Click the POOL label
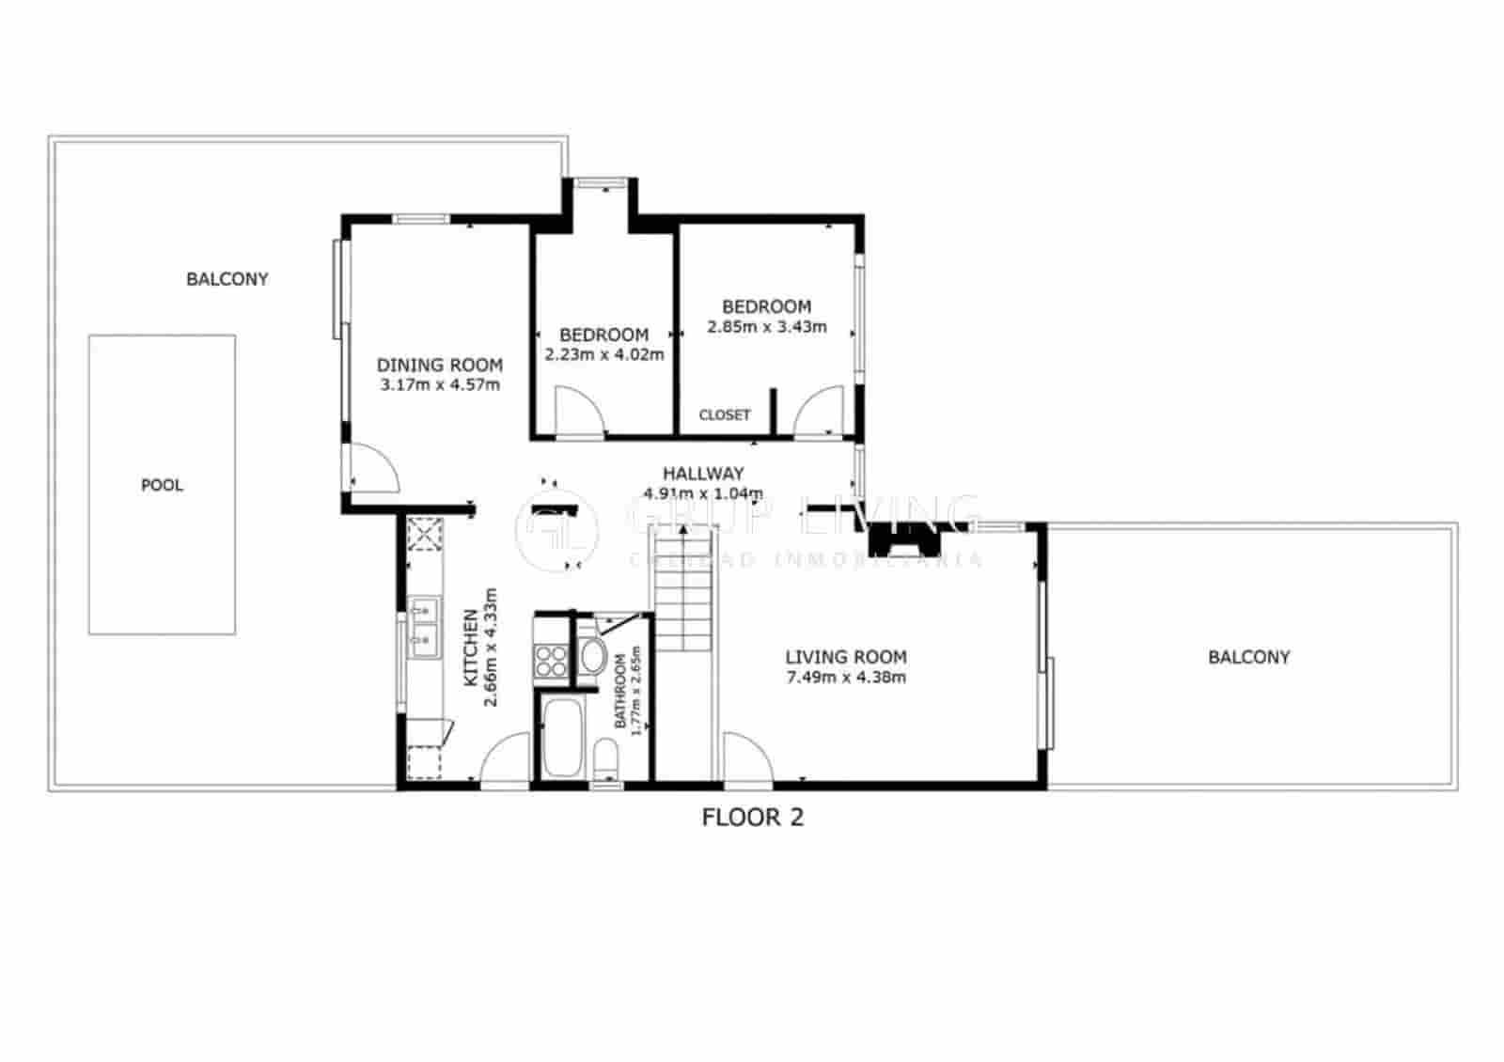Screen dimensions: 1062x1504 (x=162, y=485)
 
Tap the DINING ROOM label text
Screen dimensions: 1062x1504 (x=440, y=365)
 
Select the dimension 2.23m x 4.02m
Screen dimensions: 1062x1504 (x=604, y=354)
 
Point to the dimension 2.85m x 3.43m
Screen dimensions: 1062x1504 (x=767, y=326)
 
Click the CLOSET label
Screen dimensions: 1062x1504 (x=725, y=414)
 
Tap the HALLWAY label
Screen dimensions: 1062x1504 (x=703, y=473)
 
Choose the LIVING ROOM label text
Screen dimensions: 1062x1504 (x=846, y=657)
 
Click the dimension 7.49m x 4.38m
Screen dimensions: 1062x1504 (x=846, y=677)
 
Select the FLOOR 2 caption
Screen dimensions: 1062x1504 (x=753, y=817)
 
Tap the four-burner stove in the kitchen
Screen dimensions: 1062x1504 (x=551, y=660)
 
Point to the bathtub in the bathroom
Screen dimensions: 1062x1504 (x=562, y=737)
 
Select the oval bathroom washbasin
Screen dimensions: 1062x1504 (x=592, y=656)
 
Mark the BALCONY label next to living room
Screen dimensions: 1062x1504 (x=1248, y=657)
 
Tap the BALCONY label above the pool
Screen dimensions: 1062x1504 (x=227, y=279)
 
